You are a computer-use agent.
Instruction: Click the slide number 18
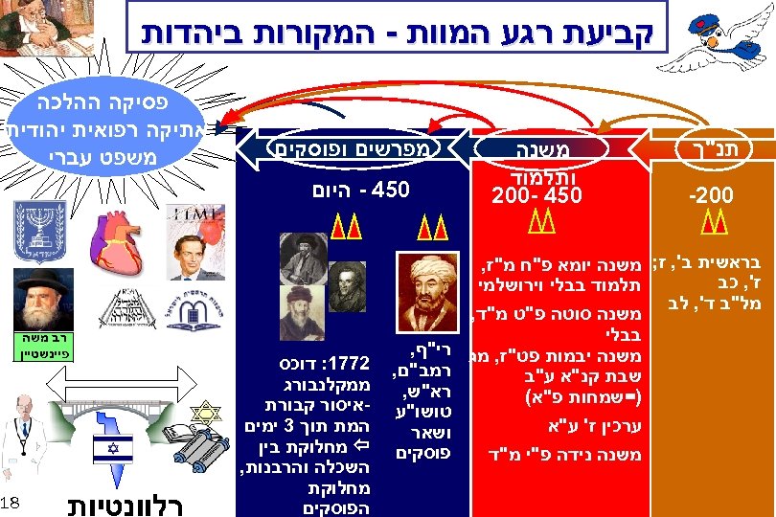(x=11, y=503)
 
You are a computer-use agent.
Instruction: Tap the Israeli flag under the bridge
(x=113, y=451)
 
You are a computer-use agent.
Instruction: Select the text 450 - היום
(x=355, y=190)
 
